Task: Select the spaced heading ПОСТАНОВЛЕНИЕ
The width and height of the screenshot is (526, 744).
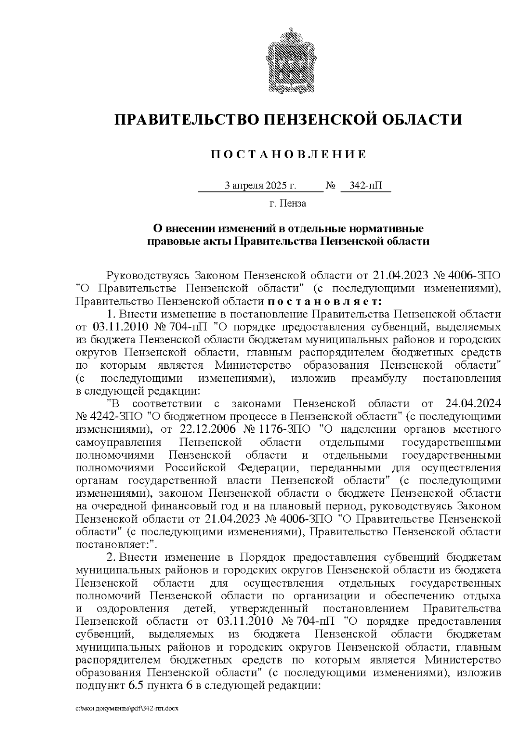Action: pos(288,154)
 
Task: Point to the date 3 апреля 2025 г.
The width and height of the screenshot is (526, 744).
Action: pos(260,186)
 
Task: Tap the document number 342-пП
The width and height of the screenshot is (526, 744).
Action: pos(366,186)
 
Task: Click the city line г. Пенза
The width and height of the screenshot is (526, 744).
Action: pos(288,203)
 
